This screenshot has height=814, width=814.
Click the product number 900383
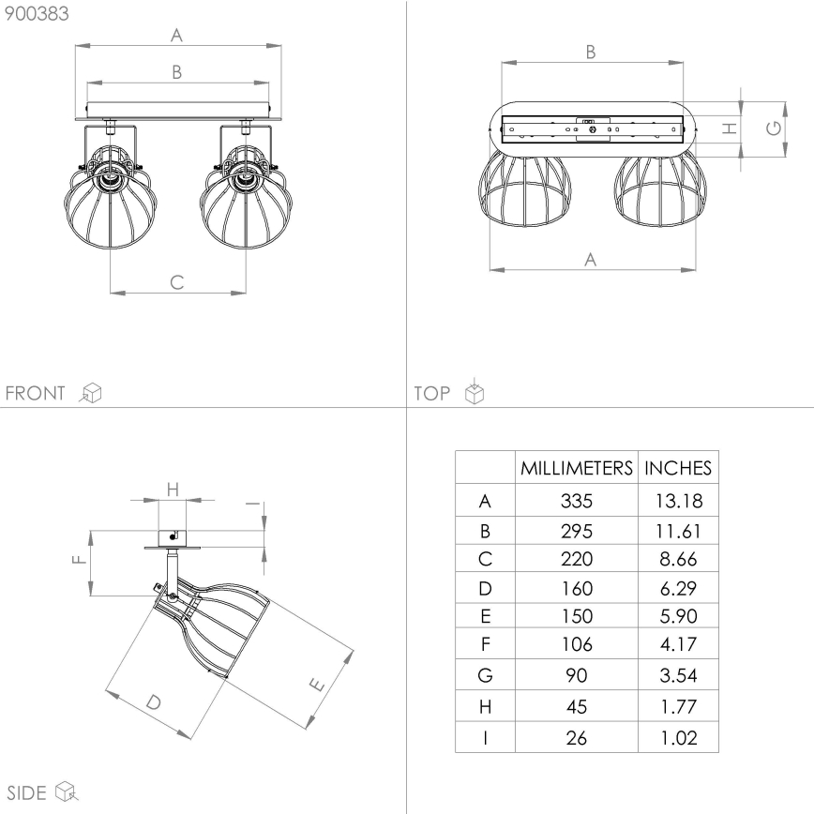click(37, 13)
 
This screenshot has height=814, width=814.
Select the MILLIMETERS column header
click(577, 467)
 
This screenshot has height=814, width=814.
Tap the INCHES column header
click(678, 467)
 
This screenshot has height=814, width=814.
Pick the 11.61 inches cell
click(678, 531)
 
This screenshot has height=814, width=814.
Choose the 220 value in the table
click(577, 560)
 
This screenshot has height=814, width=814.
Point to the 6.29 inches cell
click(678, 589)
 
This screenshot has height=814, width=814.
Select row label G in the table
click(485, 674)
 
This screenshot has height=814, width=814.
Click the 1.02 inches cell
click(678, 737)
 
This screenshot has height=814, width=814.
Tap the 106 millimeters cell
click(577, 644)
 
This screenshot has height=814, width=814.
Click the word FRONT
click(37, 393)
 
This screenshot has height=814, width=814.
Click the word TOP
click(432, 393)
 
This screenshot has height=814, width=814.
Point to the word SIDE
click(26, 792)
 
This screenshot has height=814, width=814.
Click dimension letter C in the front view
click(176, 281)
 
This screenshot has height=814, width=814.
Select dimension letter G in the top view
click(774, 128)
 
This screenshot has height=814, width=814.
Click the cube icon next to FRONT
click(91, 393)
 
